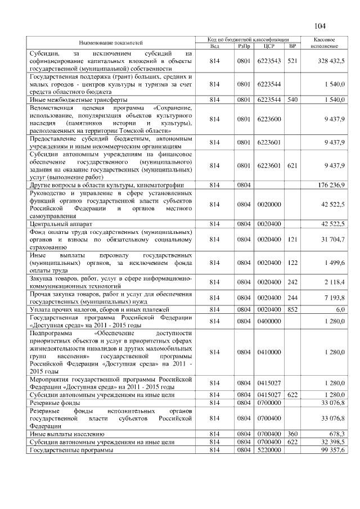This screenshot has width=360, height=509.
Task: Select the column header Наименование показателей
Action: pos(111,42)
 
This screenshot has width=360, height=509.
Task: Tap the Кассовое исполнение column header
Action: pos(324,42)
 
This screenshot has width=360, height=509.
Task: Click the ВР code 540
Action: pos(292,100)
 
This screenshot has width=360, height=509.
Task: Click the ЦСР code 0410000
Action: pos(269,352)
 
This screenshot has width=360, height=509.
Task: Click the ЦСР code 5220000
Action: pos(269,451)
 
